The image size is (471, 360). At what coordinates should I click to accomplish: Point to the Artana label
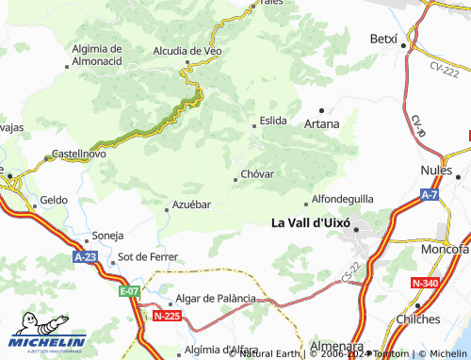click(x=321, y=123)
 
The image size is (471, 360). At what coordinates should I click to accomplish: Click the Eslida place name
click(x=273, y=121)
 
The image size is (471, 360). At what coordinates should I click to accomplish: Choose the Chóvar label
click(x=257, y=174)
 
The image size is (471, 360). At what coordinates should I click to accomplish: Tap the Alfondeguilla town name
click(x=343, y=200)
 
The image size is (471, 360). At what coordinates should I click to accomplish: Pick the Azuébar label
click(x=191, y=205)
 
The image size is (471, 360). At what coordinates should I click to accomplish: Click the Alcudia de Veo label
click(x=187, y=51)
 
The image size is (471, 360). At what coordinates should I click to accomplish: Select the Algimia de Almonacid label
click(x=97, y=54)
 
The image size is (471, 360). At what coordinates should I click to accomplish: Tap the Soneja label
click(x=107, y=236)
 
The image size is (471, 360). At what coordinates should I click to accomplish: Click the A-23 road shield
click(x=83, y=255)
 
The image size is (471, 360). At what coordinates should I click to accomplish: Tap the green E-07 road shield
click(x=129, y=292)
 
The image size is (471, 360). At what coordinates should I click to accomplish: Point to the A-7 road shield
click(x=430, y=194)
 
